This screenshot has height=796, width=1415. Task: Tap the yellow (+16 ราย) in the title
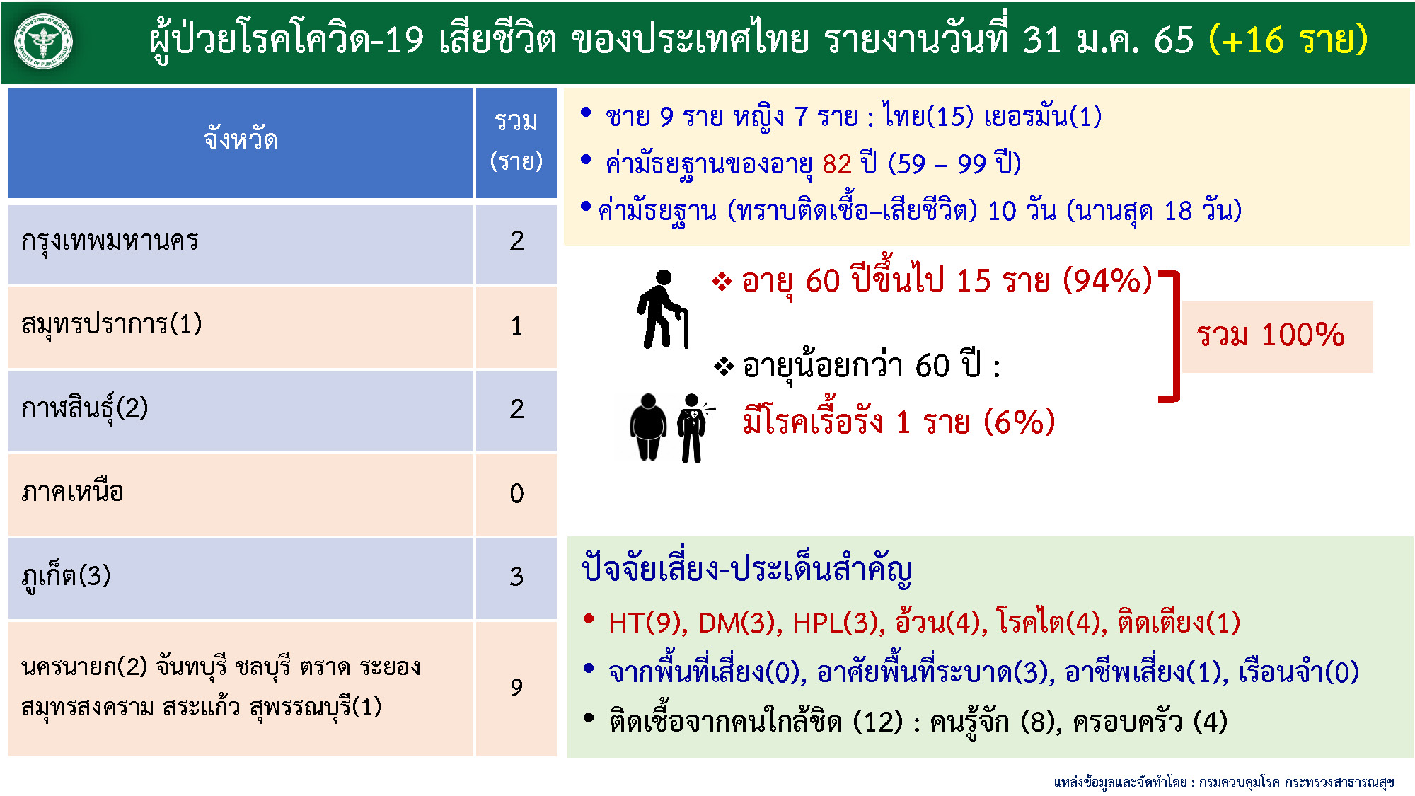point(1288,40)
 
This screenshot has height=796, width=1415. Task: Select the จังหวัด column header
point(241,140)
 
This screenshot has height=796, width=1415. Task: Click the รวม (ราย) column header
point(516,142)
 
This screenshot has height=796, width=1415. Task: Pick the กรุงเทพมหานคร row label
point(110,241)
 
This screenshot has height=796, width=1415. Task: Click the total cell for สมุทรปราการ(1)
point(516,325)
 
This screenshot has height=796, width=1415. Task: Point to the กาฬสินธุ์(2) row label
point(85,408)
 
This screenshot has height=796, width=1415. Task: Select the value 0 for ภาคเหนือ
point(516,493)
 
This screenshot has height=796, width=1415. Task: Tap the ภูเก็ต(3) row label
point(67,576)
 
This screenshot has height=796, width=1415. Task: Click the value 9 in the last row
point(516,687)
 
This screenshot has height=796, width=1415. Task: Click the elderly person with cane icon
point(663,309)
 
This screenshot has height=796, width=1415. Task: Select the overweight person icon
point(648,427)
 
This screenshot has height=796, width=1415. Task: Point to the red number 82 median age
point(837,164)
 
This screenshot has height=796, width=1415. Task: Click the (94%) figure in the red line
point(1107,281)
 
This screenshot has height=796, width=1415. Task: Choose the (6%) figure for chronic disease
point(1019,422)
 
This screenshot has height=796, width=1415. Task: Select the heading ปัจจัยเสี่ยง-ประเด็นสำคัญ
point(746,570)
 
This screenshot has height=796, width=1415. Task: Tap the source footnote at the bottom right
point(1223,782)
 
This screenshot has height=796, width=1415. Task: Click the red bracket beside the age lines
point(1172,336)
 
